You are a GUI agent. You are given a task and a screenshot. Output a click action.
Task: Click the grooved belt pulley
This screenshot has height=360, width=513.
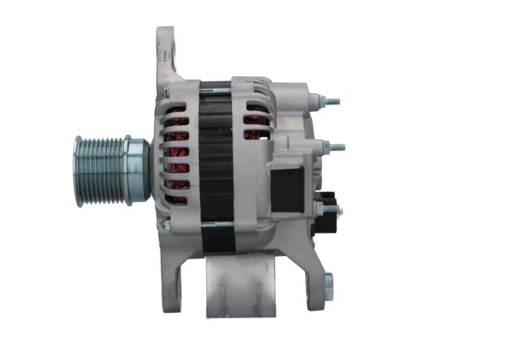click(x=99, y=171)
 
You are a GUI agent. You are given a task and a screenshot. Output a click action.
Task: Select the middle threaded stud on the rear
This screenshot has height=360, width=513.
click(x=335, y=147)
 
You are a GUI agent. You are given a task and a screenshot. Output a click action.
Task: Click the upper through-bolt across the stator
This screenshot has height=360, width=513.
click(x=217, y=84)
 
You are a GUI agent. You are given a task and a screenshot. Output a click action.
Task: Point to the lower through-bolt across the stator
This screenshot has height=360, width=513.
click(x=217, y=224)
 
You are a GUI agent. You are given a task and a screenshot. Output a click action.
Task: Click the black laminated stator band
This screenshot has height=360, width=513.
click(x=217, y=160)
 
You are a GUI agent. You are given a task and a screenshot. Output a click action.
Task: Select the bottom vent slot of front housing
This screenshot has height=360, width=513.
click(x=176, y=198)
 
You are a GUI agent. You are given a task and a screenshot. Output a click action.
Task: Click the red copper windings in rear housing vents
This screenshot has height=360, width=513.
click(x=255, y=122)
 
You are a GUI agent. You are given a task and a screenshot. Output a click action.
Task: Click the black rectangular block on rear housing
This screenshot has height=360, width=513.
click(x=287, y=190)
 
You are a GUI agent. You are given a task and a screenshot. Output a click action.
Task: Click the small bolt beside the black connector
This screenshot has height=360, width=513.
click(x=319, y=208)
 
